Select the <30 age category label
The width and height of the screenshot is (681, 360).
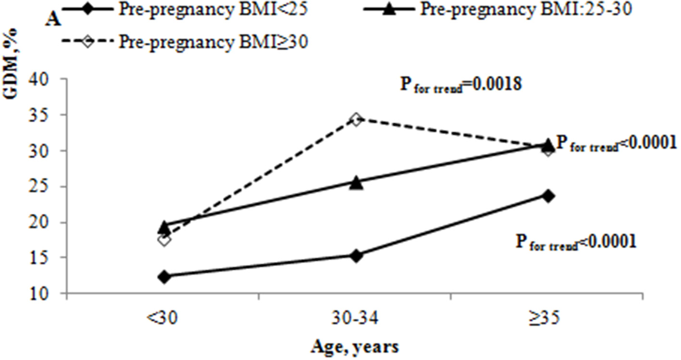coord(164,318)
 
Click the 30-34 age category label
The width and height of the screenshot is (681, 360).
coord(356,318)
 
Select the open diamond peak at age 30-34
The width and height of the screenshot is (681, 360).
coord(356,119)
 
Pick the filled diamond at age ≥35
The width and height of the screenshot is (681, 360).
coord(548,196)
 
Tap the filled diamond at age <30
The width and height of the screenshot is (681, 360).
coord(164,276)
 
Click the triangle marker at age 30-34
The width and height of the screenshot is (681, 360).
coord(356,183)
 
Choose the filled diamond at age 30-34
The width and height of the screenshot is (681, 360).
coord(356,255)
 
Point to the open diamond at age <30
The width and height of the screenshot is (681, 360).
coord(164,239)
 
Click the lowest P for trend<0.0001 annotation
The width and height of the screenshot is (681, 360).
coord(576,242)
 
